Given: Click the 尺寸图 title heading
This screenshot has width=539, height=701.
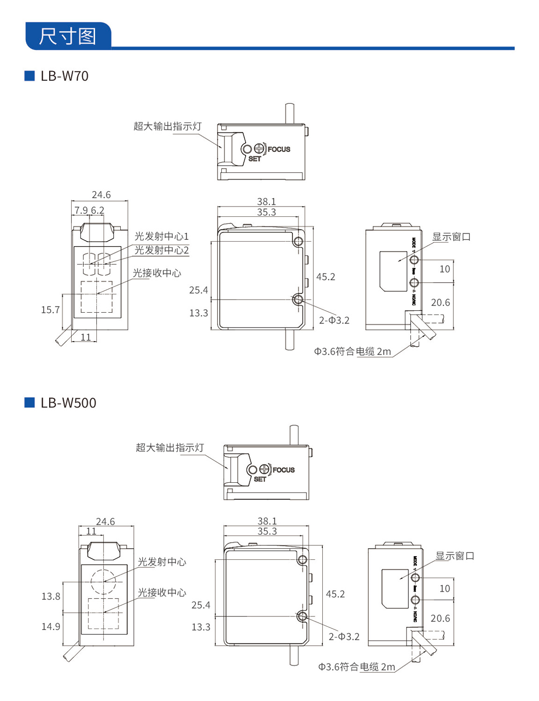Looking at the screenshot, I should (x=67, y=36).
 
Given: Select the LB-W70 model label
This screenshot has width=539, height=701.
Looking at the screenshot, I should (x=64, y=76).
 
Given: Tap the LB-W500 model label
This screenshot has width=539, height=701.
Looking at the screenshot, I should (x=68, y=403).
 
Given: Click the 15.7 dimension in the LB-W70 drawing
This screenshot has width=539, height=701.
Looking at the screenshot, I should (x=51, y=310).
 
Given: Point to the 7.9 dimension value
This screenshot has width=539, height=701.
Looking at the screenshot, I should (x=81, y=210).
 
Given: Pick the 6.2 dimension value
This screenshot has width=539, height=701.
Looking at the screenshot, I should (x=97, y=210).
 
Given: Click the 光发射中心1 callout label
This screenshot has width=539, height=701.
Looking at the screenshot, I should (x=161, y=236).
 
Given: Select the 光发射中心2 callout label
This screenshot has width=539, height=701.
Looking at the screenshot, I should (x=161, y=250).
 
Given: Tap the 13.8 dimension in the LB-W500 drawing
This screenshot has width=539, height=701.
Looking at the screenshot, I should (x=51, y=596).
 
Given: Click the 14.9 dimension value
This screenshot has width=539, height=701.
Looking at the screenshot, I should (x=51, y=627).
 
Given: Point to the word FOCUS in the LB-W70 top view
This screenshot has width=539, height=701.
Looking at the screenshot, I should (x=279, y=150).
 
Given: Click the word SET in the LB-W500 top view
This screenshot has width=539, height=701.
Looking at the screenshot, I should (x=260, y=479).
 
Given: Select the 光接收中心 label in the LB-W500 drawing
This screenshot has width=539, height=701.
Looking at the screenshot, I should (x=162, y=593).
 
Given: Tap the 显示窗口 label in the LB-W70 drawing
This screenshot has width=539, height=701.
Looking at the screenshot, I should (x=451, y=237).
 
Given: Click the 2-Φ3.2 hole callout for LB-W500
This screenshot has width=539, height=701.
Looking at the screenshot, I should (x=344, y=637).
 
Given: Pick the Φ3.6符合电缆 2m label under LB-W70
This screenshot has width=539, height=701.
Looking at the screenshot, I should (x=352, y=351).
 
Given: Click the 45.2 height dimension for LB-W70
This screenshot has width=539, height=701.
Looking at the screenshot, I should (x=326, y=277).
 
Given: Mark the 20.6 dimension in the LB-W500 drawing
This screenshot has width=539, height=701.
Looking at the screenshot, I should (x=440, y=618).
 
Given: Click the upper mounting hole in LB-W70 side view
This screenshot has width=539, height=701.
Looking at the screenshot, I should (x=298, y=242).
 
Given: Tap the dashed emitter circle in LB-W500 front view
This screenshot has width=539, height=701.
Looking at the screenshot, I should (x=103, y=581).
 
